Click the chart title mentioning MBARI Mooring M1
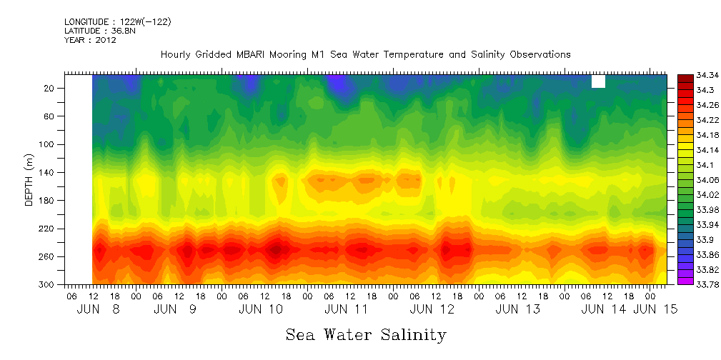pos(365,54)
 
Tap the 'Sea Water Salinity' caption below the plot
pos(366,334)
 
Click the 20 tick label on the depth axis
pos(50,89)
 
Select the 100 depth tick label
pos(48,144)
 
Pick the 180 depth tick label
pos(48,201)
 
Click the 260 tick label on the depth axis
pos(48,256)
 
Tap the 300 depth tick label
pos(48,284)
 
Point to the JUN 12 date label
pos(432,309)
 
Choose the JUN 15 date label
pos(655,309)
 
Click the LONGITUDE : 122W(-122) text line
pos(117,22)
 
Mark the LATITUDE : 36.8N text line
pos(101,31)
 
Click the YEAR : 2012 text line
pos(90,41)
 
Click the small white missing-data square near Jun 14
pos(598,81)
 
